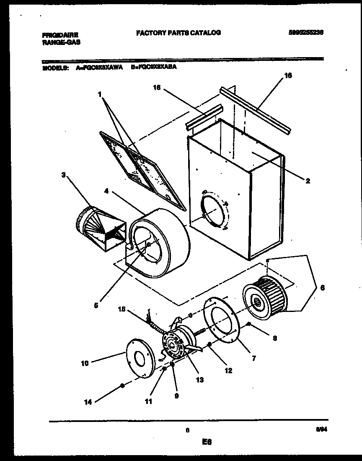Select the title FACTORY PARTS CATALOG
[178, 32]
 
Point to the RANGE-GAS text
[61, 42]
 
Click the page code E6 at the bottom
[207, 442]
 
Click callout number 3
[63, 175]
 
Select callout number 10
[84, 363]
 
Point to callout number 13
[199, 380]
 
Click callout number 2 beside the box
[308, 181]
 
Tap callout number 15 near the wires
[121, 309]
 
